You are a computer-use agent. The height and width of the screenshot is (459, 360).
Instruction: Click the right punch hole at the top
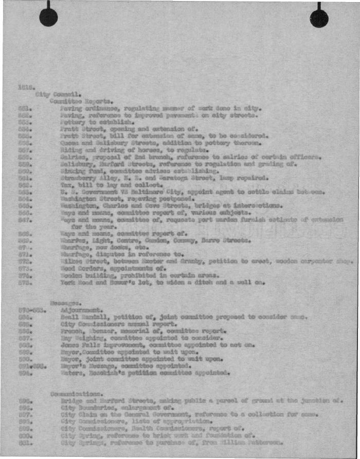click(x=319, y=19)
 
